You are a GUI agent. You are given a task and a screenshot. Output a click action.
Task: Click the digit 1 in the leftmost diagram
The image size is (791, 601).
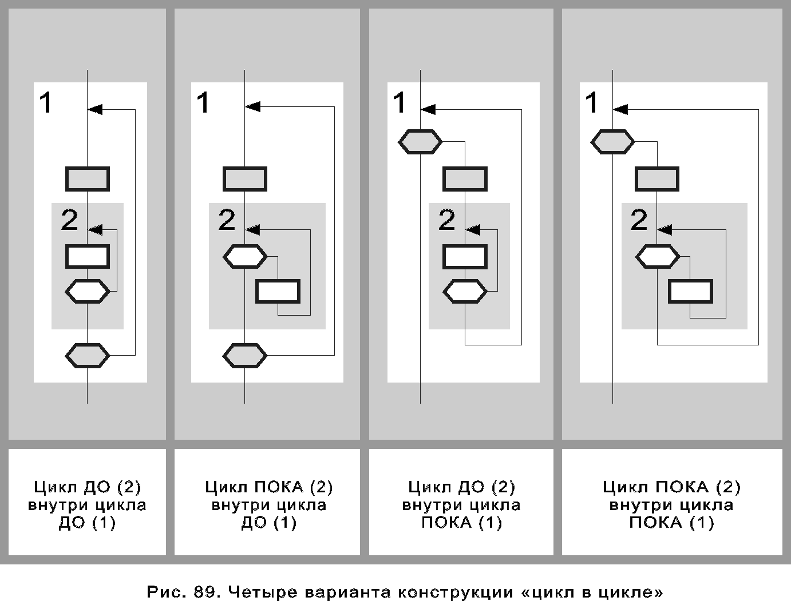(46, 102)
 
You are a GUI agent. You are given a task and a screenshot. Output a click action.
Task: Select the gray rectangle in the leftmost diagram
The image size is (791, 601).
(88, 179)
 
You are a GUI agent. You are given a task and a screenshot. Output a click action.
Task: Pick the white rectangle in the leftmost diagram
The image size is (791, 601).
(88, 257)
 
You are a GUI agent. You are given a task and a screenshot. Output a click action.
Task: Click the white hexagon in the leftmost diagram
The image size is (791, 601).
(88, 291)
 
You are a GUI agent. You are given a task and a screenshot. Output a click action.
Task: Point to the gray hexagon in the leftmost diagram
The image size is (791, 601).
(88, 356)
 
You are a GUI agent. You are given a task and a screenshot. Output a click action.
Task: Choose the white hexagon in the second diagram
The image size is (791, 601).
(245, 257)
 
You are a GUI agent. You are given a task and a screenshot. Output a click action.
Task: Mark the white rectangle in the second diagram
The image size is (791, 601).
(278, 291)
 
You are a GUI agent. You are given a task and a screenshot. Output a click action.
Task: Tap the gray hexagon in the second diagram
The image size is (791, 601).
(245, 356)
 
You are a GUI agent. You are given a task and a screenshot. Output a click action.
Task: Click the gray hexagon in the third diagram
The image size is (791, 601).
(420, 142)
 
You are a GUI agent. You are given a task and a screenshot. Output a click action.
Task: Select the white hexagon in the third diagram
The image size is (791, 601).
(465, 291)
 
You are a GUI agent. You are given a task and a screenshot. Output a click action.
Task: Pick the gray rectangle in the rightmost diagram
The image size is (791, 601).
(657, 179)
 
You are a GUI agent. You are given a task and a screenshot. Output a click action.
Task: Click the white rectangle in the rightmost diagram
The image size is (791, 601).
(690, 291)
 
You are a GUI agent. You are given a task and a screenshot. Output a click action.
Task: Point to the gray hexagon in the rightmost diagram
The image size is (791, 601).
(612, 142)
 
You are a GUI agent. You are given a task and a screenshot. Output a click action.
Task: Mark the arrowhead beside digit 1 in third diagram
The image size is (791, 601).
(428, 109)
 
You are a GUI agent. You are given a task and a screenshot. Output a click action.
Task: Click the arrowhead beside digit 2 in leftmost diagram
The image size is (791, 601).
(95, 230)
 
